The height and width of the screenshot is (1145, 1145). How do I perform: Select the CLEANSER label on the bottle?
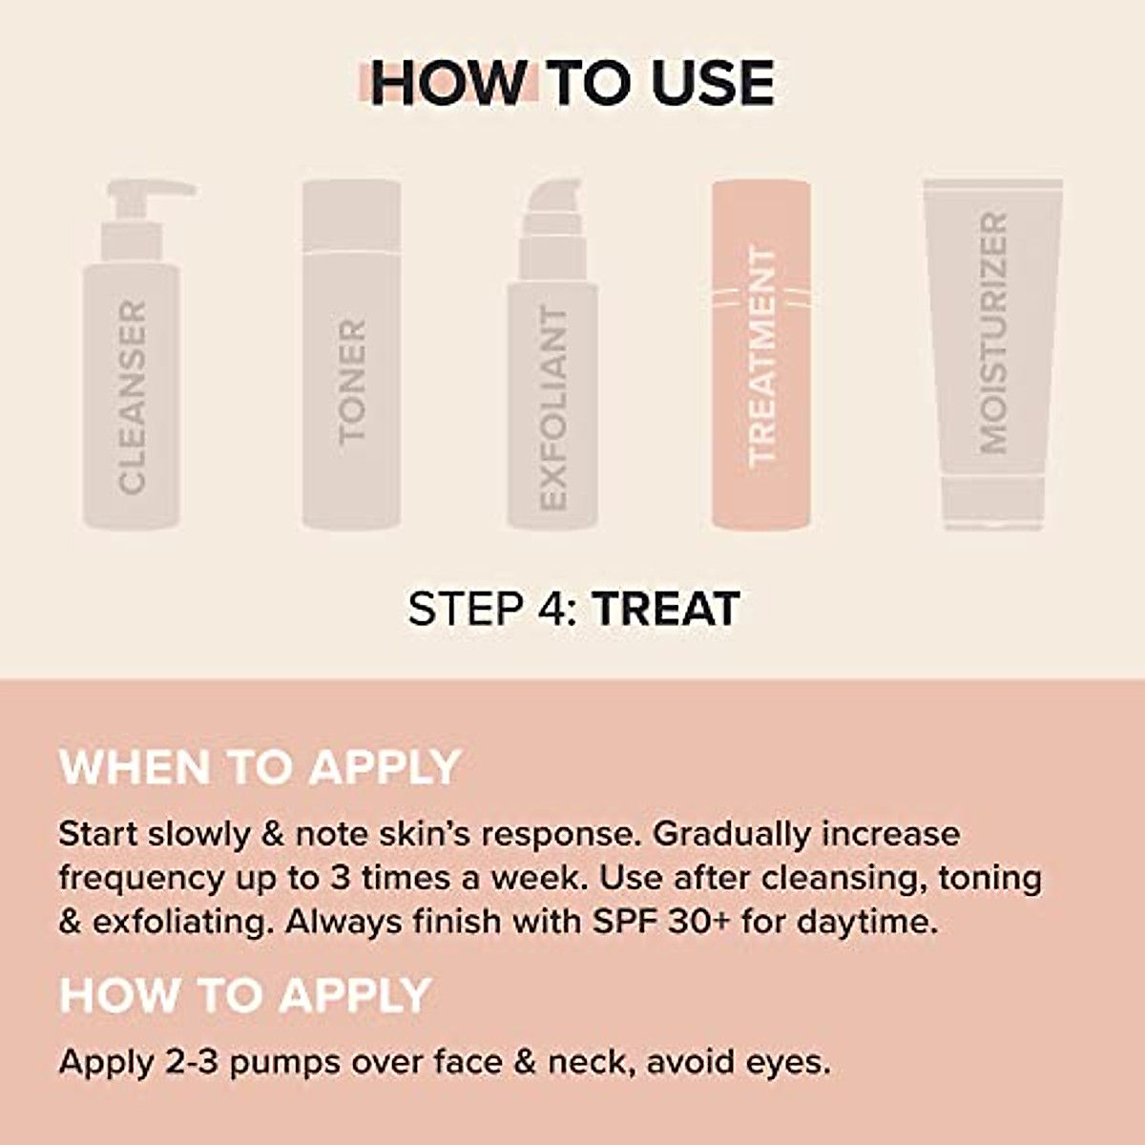[x=133, y=397]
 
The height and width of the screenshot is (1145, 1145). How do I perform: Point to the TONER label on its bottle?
[x=352, y=381]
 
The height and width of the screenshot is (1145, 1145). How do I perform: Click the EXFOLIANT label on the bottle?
[x=553, y=407]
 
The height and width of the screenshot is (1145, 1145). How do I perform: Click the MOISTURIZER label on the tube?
[x=993, y=333]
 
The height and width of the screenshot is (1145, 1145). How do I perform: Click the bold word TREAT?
[x=665, y=609]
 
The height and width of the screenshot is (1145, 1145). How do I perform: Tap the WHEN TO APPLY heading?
[x=260, y=767]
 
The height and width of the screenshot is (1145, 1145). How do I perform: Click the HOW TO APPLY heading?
[x=245, y=995]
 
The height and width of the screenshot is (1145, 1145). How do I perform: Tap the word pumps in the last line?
[x=284, y=1062]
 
